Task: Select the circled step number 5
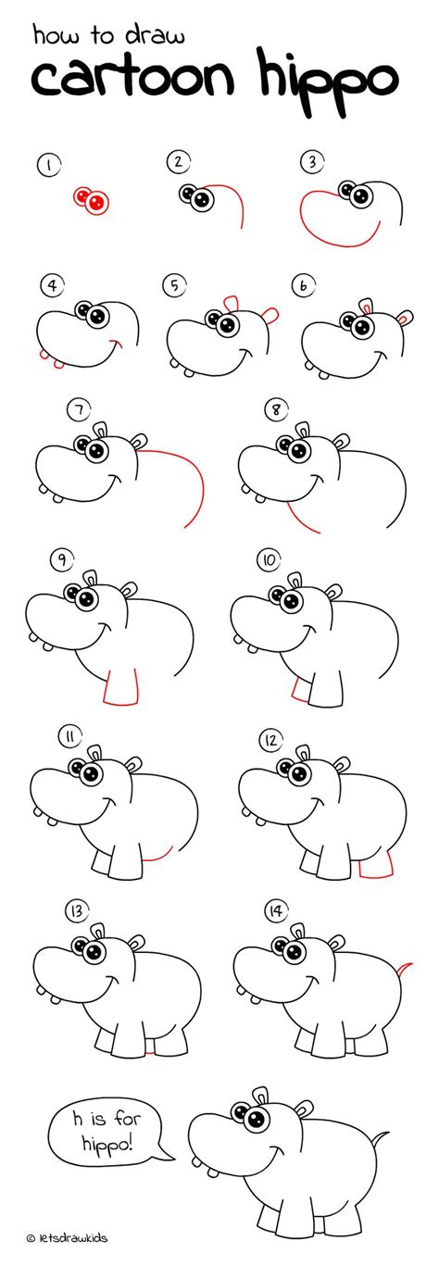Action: tap(172, 285)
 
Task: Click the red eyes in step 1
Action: tap(91, 198)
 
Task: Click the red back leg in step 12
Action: tap(376, 866)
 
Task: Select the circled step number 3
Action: tap(309, 164)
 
